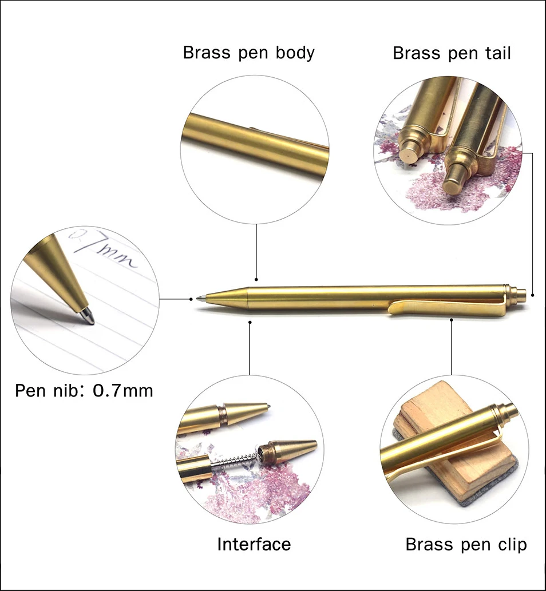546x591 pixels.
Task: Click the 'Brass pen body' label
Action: click(x=248, y=53)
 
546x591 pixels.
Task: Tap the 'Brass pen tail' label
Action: click(x=452, y=53)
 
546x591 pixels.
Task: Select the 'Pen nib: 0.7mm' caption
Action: click(x=84, y=391)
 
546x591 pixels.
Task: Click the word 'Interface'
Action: click(x=254, y=544)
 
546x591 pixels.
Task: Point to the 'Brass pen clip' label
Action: click(x=466, y=544)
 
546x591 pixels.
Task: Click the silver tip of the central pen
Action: click(x=200, y=298)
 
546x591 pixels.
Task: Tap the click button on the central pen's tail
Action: click(x=521, y=295)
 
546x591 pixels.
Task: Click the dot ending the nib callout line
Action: click(x=191, y=299)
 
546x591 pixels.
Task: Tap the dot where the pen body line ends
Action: click(x=256, y=280)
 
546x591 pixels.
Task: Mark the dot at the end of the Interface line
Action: click(x=250, y=322)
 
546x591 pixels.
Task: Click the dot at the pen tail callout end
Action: click(x=532, y=295)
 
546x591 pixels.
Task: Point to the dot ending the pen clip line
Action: click(x=452, y=320)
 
